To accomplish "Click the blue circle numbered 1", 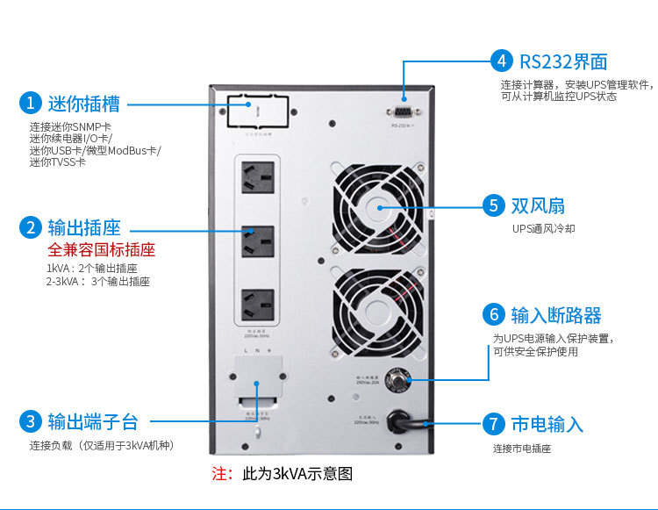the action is click(x=29, y=103).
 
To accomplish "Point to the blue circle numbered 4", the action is click(x=501, y=61).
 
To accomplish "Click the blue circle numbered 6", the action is click(x=493, y=315).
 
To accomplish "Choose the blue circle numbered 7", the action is click(x=494, y=425).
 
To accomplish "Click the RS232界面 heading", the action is click(x=563, y=61).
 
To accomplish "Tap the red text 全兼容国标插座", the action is click(x=101, y=249).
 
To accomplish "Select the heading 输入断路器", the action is click(x=556, y=315).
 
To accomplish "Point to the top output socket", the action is click(x=255, y=179).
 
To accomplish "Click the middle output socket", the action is click(x=255, y=243).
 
